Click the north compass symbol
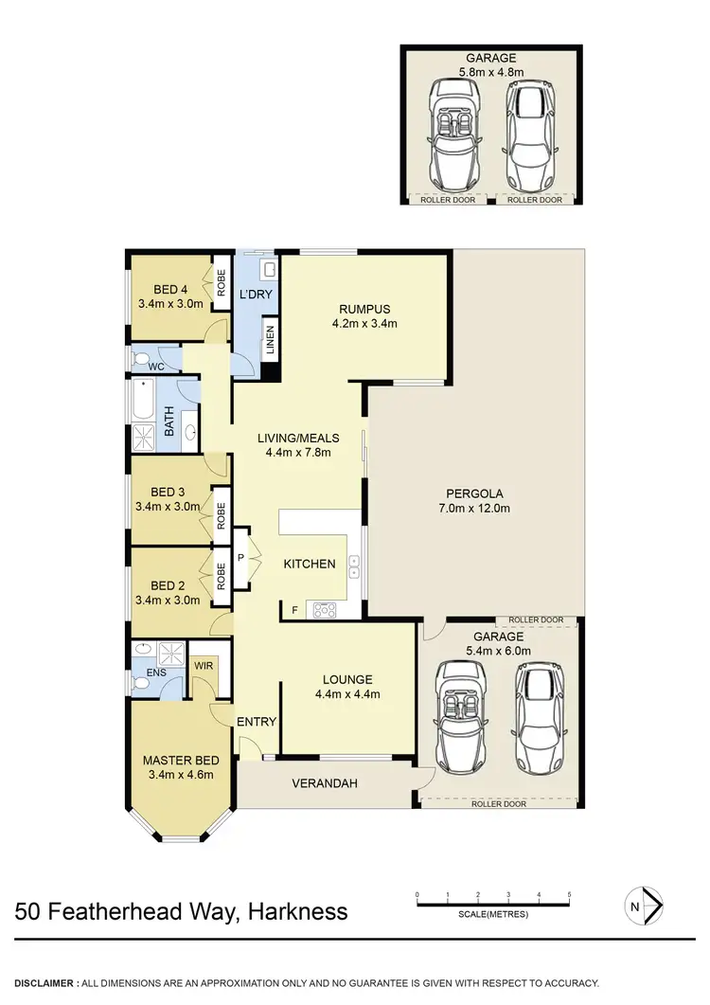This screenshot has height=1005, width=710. click(644, 905)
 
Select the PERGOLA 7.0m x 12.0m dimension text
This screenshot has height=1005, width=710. click(478, 508)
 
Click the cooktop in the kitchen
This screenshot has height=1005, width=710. click(324, 610)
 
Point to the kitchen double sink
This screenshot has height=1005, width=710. click(355, 565)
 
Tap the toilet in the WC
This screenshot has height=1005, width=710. click(140, 360)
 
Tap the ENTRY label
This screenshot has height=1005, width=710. click(257, 722)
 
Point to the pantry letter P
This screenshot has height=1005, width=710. click(240, 557)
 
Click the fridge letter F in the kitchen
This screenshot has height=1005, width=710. click(295, 610)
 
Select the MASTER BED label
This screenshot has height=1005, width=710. click(181, 761)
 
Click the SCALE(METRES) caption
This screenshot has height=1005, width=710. click(492, 914)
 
